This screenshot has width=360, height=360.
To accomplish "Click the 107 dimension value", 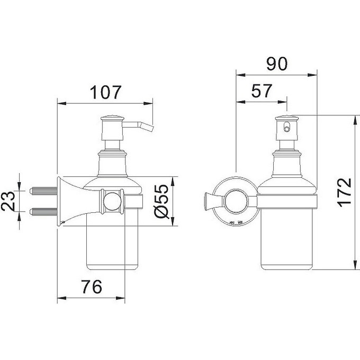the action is (105, 92).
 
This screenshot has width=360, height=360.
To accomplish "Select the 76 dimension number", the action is (92, 287).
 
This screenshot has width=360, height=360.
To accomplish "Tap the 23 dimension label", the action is (8, 201).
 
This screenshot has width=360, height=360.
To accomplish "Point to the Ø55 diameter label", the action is (161, 201).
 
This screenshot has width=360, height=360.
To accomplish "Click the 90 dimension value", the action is (277, 64).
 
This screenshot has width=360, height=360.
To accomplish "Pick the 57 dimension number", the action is (262, 91).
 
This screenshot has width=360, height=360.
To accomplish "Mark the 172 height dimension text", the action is (345, 192).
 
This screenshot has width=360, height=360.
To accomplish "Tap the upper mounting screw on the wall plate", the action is (43, 191).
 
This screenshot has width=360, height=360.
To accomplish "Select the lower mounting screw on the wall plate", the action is (43, 211).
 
